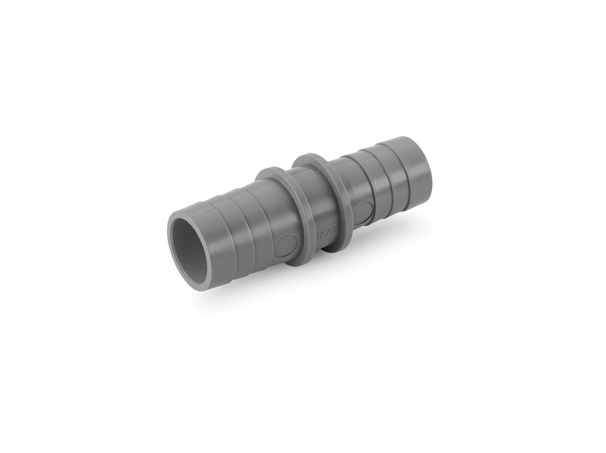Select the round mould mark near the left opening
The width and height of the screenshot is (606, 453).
pyautogui.click(x=286, y=244)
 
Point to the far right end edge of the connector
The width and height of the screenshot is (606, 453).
pyautogui.click(x=430, y=163)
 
